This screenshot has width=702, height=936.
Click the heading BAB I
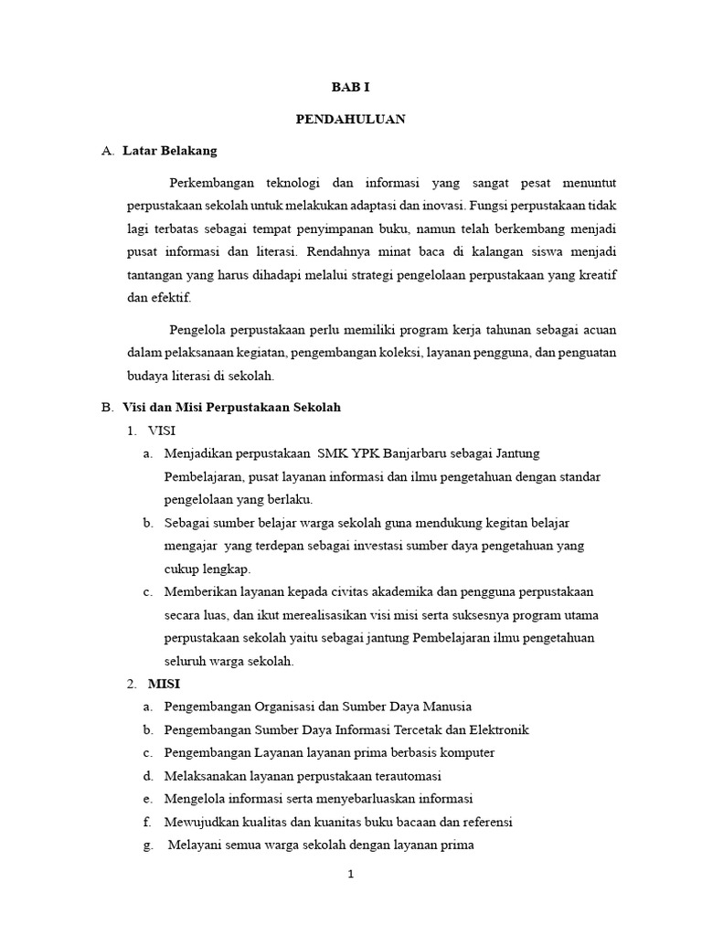pyautogui.click(x=350, y=88)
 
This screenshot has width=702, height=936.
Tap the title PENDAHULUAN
pyautogui.click(x=350, y=119)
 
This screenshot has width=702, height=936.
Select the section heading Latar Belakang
pyautogui.click(x=170, y=151)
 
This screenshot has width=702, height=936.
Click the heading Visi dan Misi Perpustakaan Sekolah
pyautogui.click(x=231, y=407)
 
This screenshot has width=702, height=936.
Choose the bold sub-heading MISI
pyautogui.click(x=163, y=684)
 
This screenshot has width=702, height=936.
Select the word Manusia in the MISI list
pyautogui.click(x=447, y=707)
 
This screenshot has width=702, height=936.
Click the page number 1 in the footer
pyautogui.click(x=350, y=874)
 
